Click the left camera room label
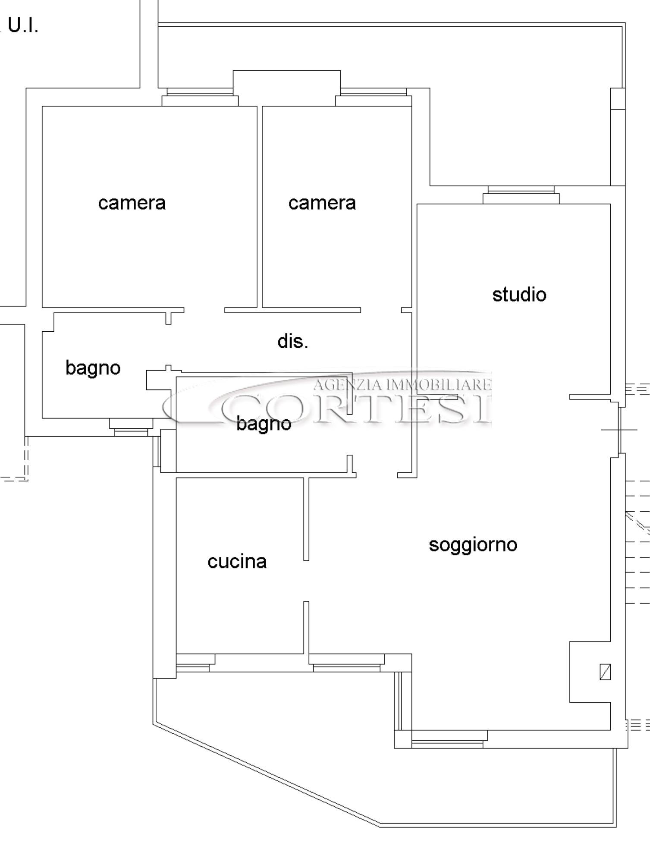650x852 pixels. [x=132, y=203]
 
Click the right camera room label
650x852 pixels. [x=322, y=203]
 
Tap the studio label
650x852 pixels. [x=519, y=295]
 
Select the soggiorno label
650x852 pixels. [x=473, y=545]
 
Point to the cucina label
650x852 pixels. [x=237, y=562]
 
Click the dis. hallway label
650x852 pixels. [x=293, y=341]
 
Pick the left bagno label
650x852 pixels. [x=93, y=368]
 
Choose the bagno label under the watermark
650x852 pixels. [x=264, y=424]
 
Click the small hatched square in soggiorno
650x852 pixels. [x=605, y=672]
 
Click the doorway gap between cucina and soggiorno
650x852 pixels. [x=306, y=581]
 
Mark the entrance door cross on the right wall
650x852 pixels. [x=619, y=430]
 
